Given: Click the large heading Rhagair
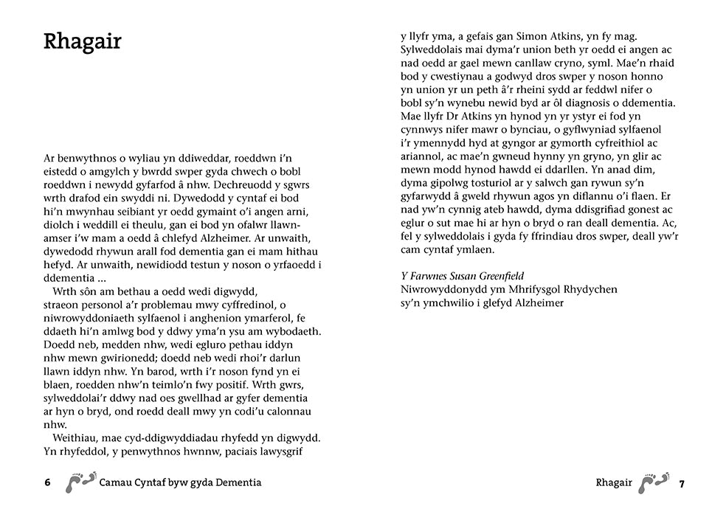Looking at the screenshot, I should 83,42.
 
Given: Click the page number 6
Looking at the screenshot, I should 47,483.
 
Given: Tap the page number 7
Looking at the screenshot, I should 682,484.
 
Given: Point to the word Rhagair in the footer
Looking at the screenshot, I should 614,483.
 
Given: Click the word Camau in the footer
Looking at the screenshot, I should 117,483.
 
